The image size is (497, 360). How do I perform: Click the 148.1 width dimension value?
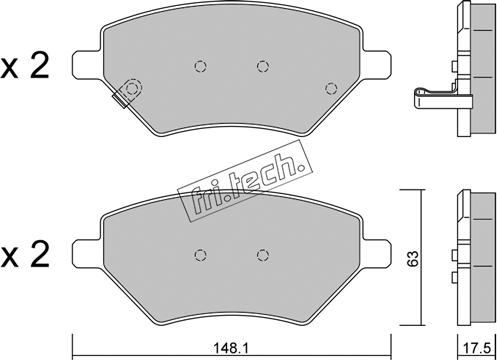231,349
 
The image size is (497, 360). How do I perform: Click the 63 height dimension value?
412,259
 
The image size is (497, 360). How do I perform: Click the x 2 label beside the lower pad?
24,255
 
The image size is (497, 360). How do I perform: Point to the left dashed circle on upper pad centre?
200,66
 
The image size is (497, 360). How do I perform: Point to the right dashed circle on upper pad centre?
263,66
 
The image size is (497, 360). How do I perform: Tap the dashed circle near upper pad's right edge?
331,88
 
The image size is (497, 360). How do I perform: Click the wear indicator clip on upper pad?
128,92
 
